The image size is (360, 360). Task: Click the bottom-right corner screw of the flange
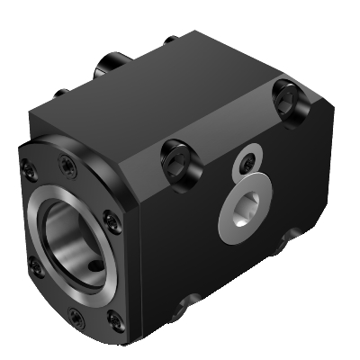point(112,317)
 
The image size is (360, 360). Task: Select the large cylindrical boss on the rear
point(112,66)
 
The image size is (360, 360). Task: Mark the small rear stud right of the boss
point(170,40)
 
